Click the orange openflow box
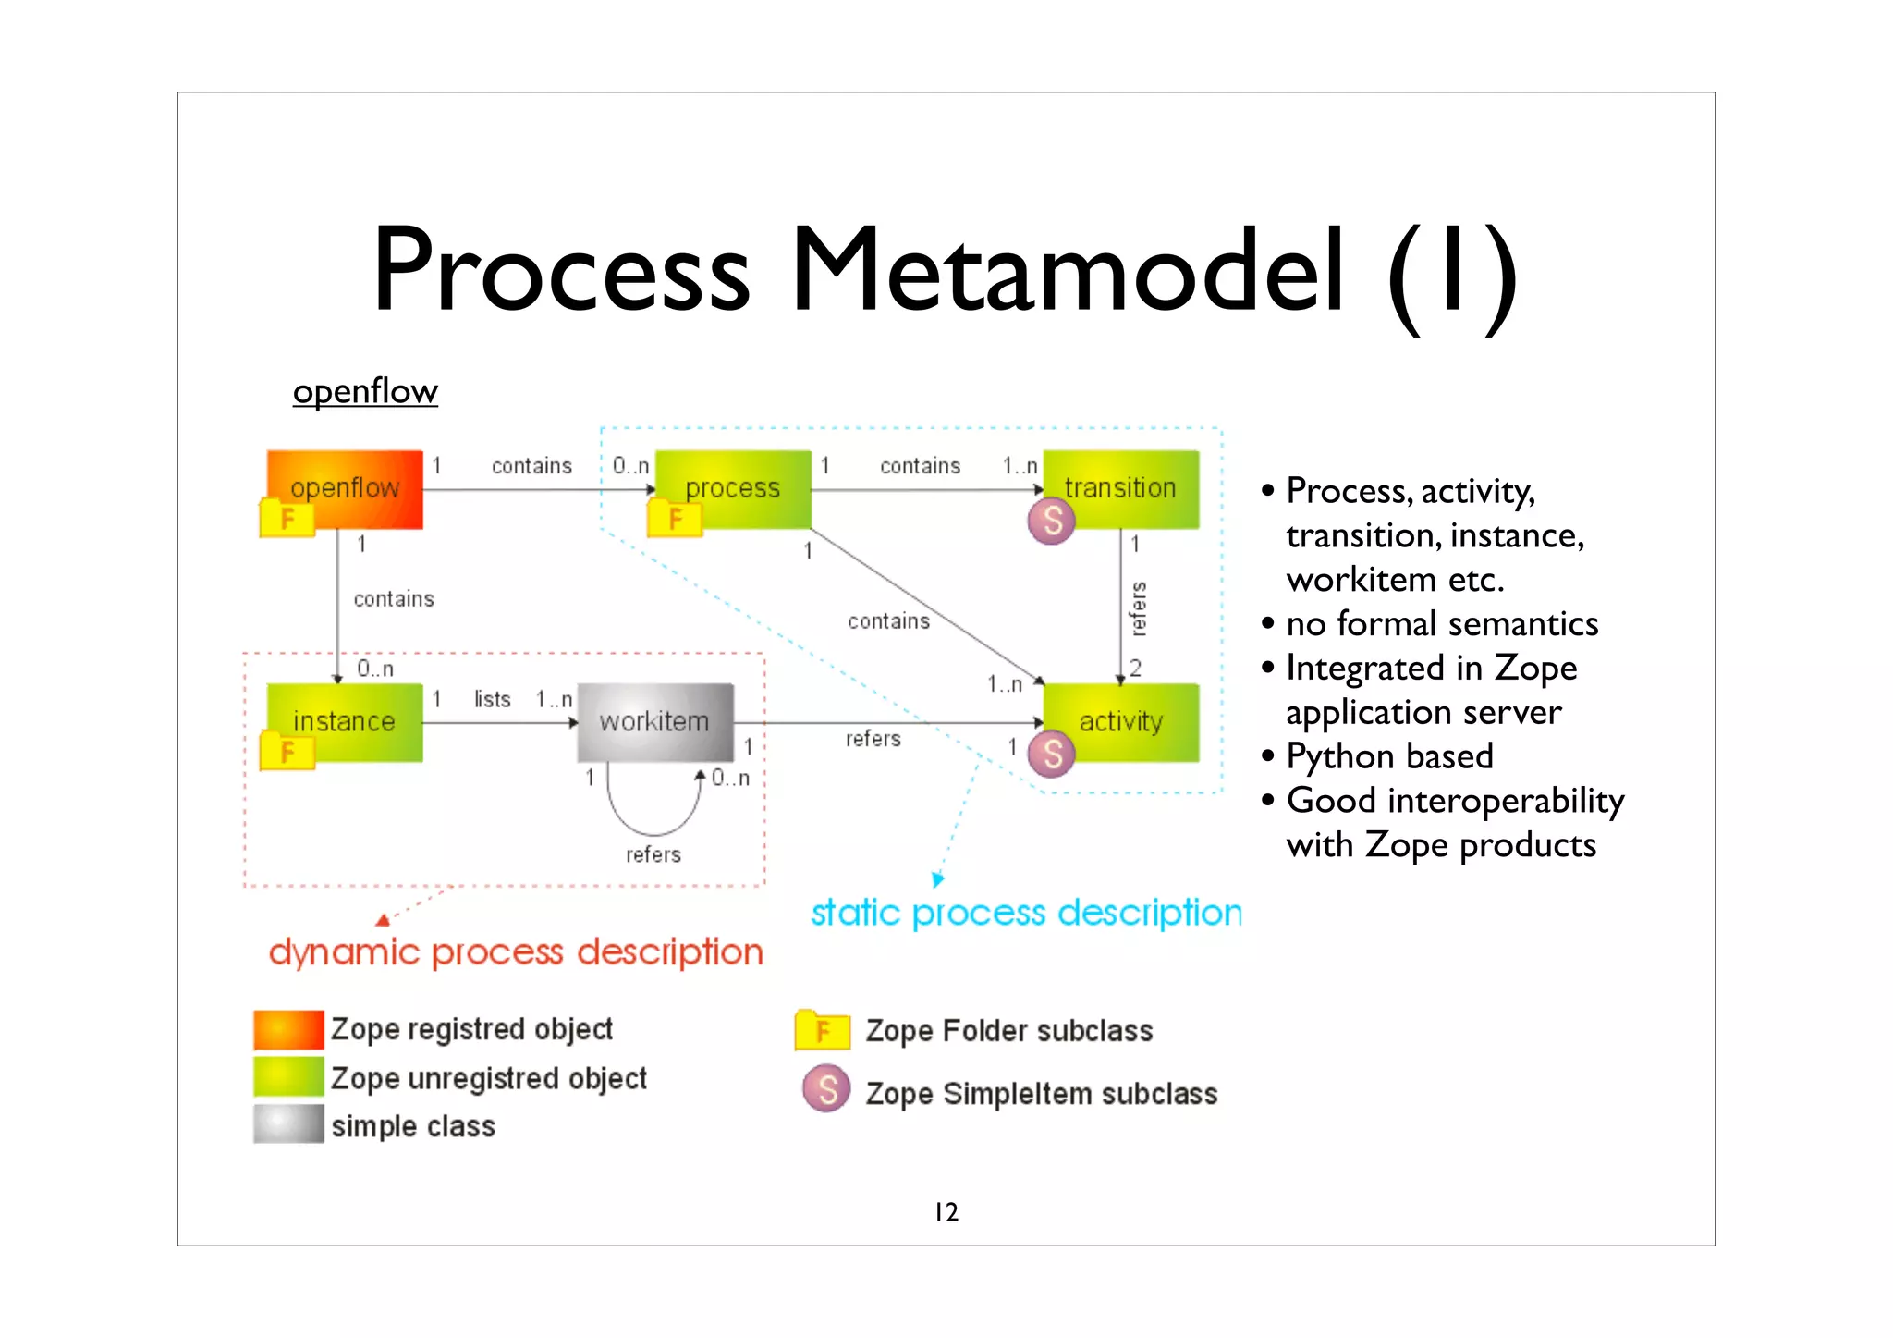[x=345, y=488]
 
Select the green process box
[x=732, y=488]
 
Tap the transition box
[x=1120, y=488]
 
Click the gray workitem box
[x=654, y=721]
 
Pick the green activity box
[x=1120, y=721]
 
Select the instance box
[x=344, y=721]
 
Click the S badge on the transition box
[x=1051, y=522]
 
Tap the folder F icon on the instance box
[x=287, y=751]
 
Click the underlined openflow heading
[x=365, y=391]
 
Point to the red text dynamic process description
[x=516, y=951]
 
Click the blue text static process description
[x=1026, y=913]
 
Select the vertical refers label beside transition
[x=1139, y=608]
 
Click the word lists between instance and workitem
[x=492, y=699]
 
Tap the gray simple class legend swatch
[x=288, y=1124]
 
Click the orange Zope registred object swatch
[x=288, y=1029]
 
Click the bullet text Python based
[x=1389, y=756]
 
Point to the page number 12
[x=946, y=1212]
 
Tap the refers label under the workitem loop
[x=653, y=854]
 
